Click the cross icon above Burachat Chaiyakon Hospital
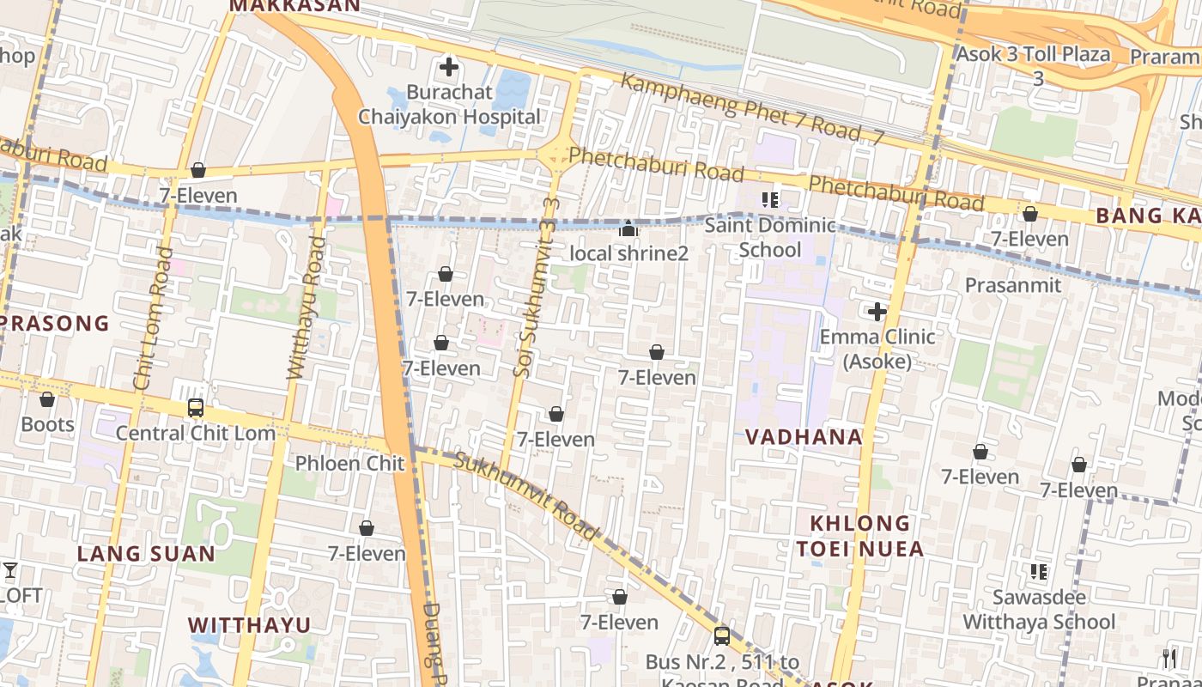point(448,66)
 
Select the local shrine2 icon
point(628,229)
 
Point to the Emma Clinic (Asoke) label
point(877,349)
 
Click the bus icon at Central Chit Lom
point(196,408)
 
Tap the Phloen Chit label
point(349,464)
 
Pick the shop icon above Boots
point(47,399)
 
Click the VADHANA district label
point(803,437)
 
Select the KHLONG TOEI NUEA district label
point(859,536)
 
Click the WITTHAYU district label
point(249,624)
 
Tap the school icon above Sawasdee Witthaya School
point(1039,571)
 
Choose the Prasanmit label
point(1013,285)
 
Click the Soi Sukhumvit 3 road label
point(537,288)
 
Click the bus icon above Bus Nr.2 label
point(722,635)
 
